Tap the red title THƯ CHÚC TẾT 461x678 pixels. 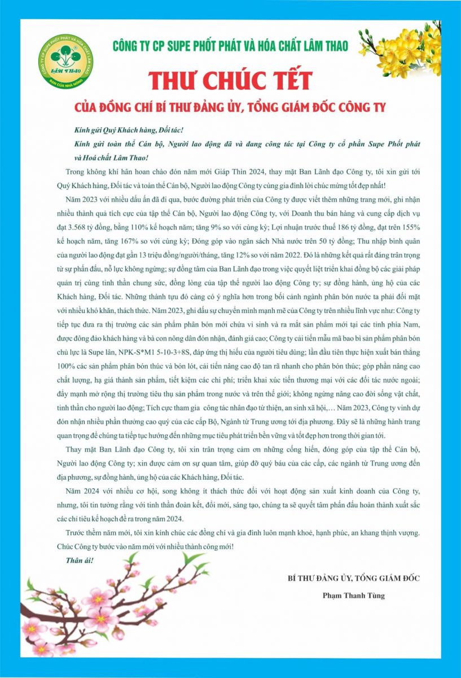pos(230,80)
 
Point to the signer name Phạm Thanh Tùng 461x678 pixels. pos(354,595)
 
